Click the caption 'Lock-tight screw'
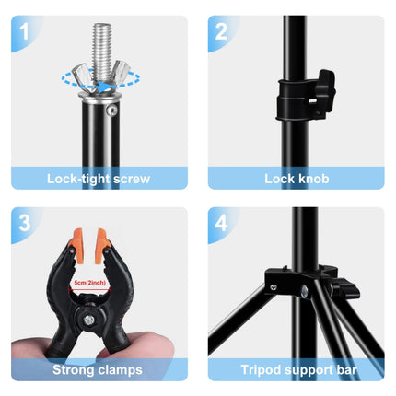(99, 178)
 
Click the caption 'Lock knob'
(297, 178)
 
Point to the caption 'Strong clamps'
(99, 370)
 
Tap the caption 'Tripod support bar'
(297, 370)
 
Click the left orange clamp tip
(76, 241)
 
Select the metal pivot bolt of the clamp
(88, 320)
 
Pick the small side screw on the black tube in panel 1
(112, 111)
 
